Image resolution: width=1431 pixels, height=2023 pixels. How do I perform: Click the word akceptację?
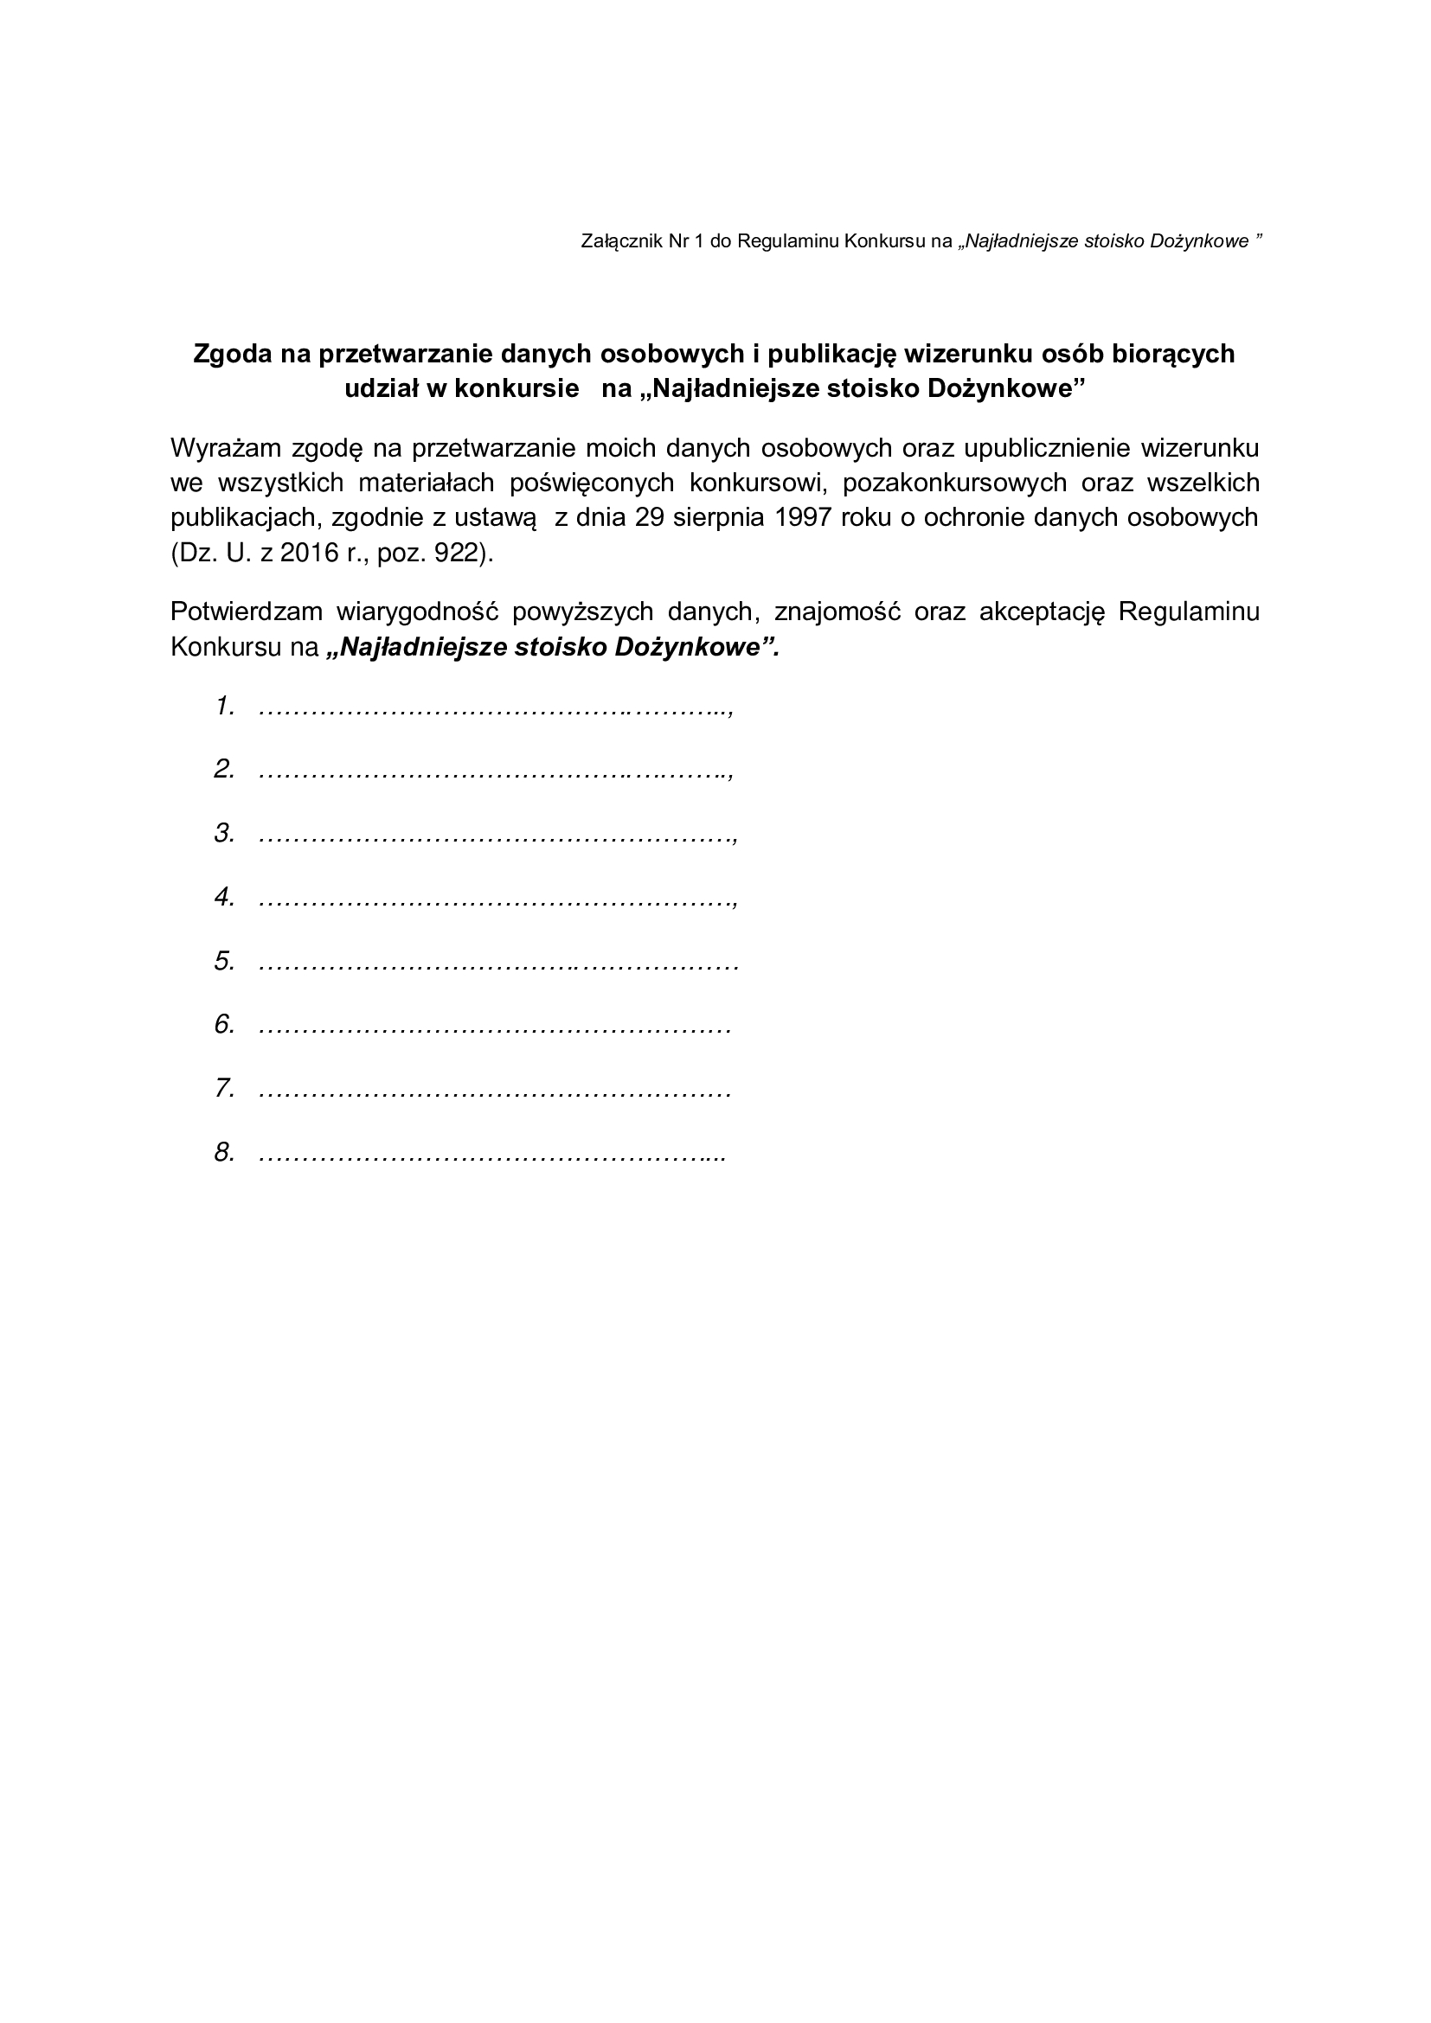[x=1042, y=611]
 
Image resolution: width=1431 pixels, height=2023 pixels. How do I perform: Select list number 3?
[x=224, y=834]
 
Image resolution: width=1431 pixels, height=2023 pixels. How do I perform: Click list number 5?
[x=224, y=961]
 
